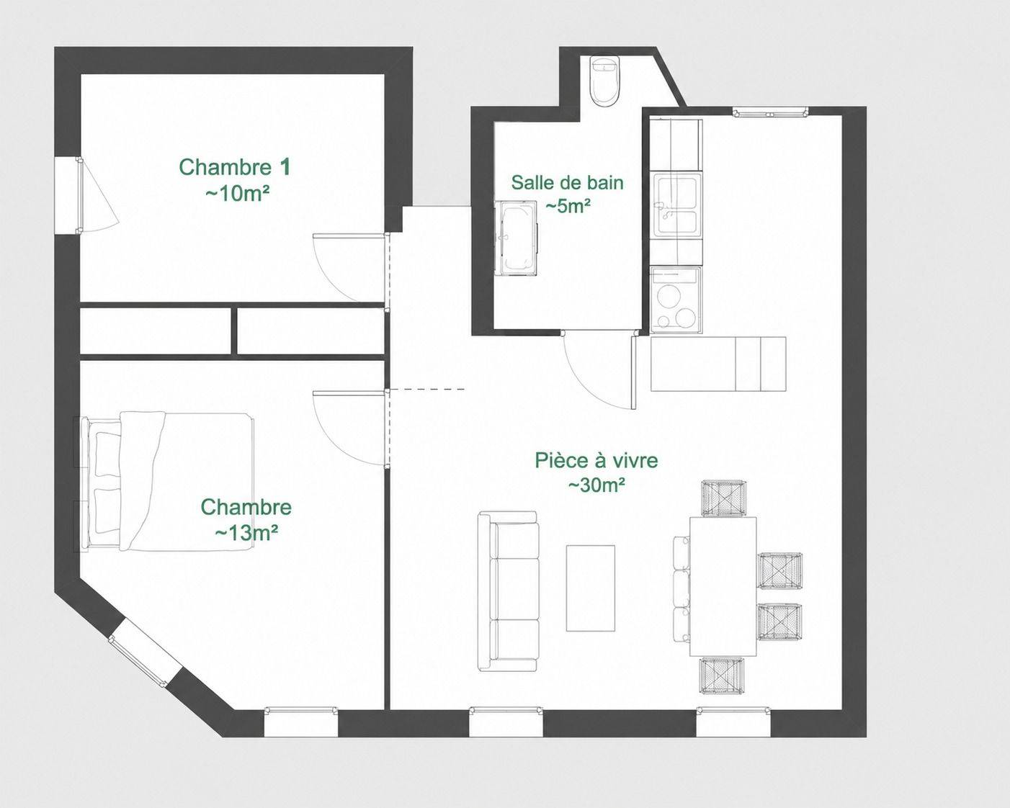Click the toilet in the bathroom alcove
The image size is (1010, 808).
[604, 81]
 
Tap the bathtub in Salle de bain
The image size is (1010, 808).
[516, 238]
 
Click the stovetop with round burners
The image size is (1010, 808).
[676, 300]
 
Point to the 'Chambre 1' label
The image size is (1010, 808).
[235, 167]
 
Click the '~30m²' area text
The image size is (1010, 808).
[596, 485]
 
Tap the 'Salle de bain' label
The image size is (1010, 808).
[568, 182]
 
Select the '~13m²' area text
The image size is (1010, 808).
[246, 533]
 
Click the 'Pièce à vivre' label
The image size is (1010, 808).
[596, 460]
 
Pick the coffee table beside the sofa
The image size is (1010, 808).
[591, 588]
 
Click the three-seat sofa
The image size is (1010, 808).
[509, 591]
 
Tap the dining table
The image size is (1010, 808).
[723, 586]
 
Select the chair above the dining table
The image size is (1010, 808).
[723, 498]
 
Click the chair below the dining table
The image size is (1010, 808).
[723, 675]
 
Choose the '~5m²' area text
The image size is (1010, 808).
[568, 206]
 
